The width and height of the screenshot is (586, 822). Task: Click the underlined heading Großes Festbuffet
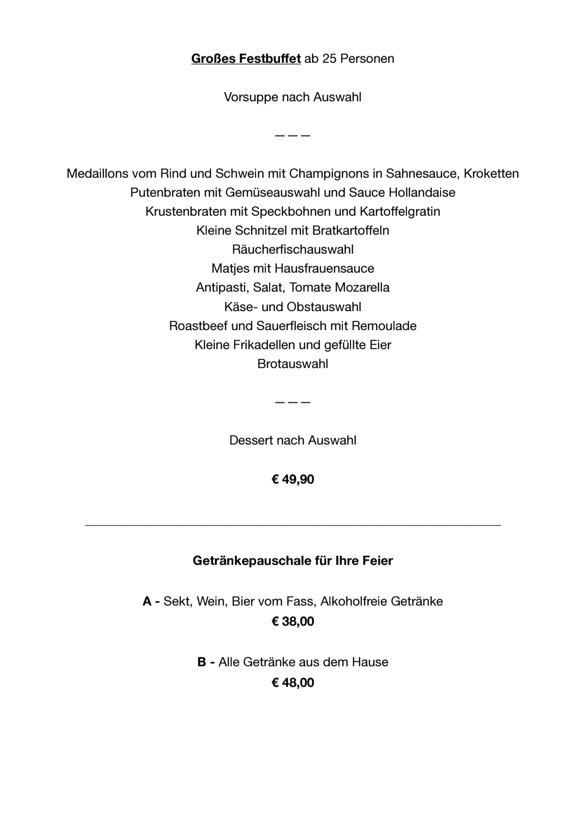(x=246, y=59)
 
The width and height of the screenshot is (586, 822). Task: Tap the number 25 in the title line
(x=329, y=59)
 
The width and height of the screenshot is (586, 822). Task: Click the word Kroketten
(x=491, y=174)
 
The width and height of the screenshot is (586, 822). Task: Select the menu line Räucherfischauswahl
(x=292, y=249)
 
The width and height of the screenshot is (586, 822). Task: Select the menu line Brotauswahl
(x=292, y=364)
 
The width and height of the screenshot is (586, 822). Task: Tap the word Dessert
(x=251, y=440)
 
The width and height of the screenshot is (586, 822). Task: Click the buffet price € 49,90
(x=292, y=479)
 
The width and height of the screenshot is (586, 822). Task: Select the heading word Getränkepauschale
(x=252, y=561)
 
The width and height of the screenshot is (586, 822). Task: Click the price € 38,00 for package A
(x=292, y=621)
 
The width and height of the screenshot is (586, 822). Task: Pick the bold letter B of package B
(x=202, y=662)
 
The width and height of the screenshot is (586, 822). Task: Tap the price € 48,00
(x=292, y=683)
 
